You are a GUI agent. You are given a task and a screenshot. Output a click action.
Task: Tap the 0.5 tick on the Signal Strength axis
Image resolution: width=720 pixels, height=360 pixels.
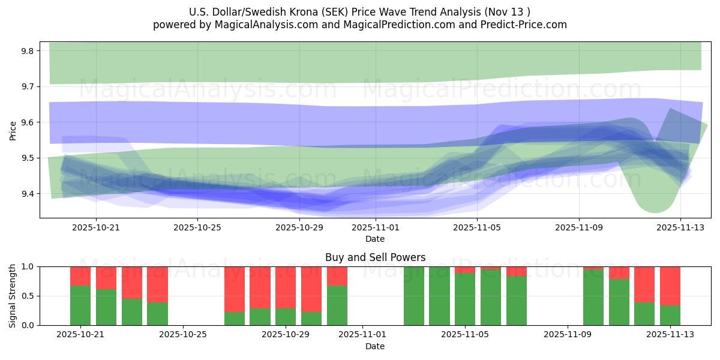coord(28,296)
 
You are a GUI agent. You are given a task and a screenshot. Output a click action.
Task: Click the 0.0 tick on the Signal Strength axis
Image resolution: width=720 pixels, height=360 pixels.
coord(28,325)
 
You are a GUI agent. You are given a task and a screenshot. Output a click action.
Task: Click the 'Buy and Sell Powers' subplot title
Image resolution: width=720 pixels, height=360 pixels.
coord(375,257)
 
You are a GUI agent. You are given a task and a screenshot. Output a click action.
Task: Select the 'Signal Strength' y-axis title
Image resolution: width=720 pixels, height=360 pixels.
coord(13,296)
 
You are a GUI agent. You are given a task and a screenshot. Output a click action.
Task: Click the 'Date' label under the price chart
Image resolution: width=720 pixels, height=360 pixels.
coord(375,239)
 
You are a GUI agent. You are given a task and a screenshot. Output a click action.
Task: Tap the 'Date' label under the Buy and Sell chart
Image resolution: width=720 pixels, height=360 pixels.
coord(375,346)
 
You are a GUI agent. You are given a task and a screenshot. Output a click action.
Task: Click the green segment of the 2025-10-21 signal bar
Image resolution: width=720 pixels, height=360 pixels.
coord(80,305)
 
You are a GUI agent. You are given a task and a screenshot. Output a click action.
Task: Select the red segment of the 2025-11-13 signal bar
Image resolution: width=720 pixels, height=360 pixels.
coord(670,286)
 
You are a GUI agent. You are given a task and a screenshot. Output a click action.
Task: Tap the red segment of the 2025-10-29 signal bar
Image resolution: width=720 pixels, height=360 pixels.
coord(286,287)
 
